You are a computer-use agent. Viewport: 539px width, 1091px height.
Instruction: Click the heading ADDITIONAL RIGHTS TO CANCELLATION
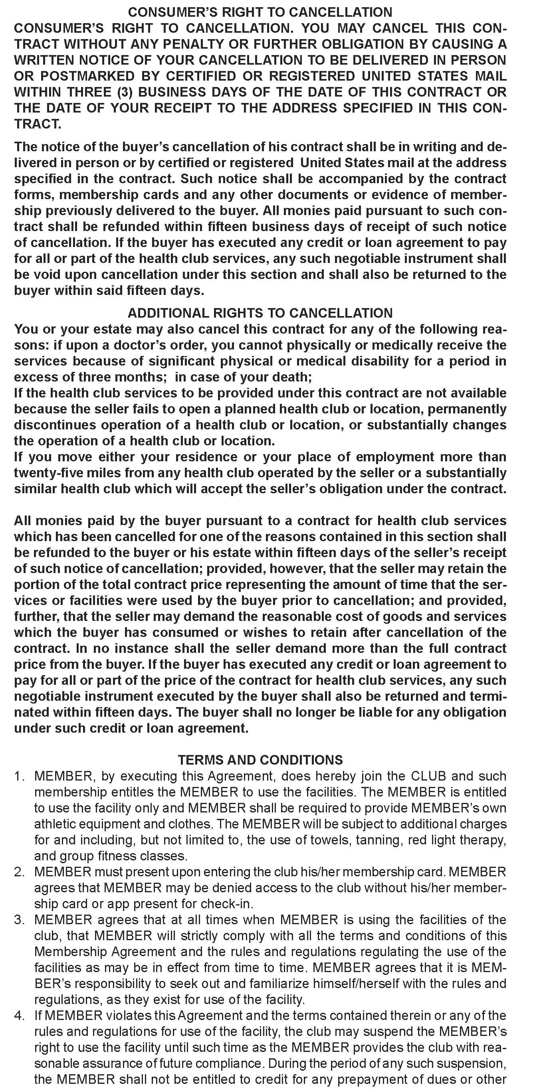[x=260, y=313]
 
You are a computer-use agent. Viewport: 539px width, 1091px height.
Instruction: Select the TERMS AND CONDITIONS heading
[x=260, y=760]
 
